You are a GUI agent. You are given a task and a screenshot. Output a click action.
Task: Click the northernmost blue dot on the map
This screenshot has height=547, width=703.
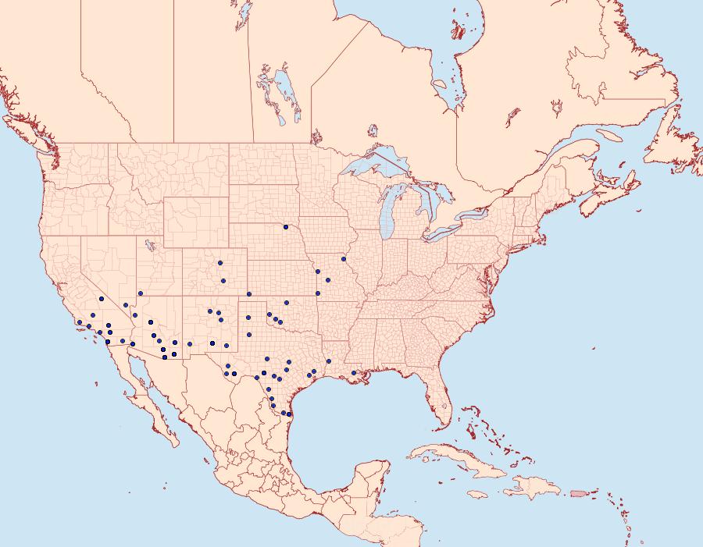(x=286, y=227)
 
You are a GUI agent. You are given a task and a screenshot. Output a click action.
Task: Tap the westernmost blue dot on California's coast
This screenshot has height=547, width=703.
(x=80, y=321)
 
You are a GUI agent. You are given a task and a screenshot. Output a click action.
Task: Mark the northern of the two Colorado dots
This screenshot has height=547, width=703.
(x=221, y=263)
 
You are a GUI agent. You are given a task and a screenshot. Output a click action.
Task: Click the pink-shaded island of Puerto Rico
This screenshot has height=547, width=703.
(x=579, y=492)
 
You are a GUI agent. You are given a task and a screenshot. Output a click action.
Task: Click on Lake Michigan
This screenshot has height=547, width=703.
(x=387, y=215)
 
